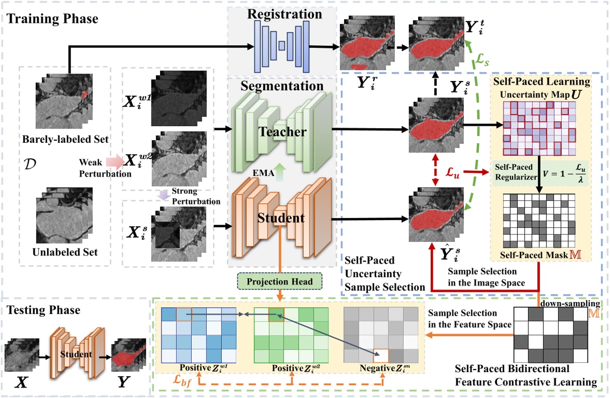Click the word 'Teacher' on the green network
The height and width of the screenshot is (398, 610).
tap(282, 132)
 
